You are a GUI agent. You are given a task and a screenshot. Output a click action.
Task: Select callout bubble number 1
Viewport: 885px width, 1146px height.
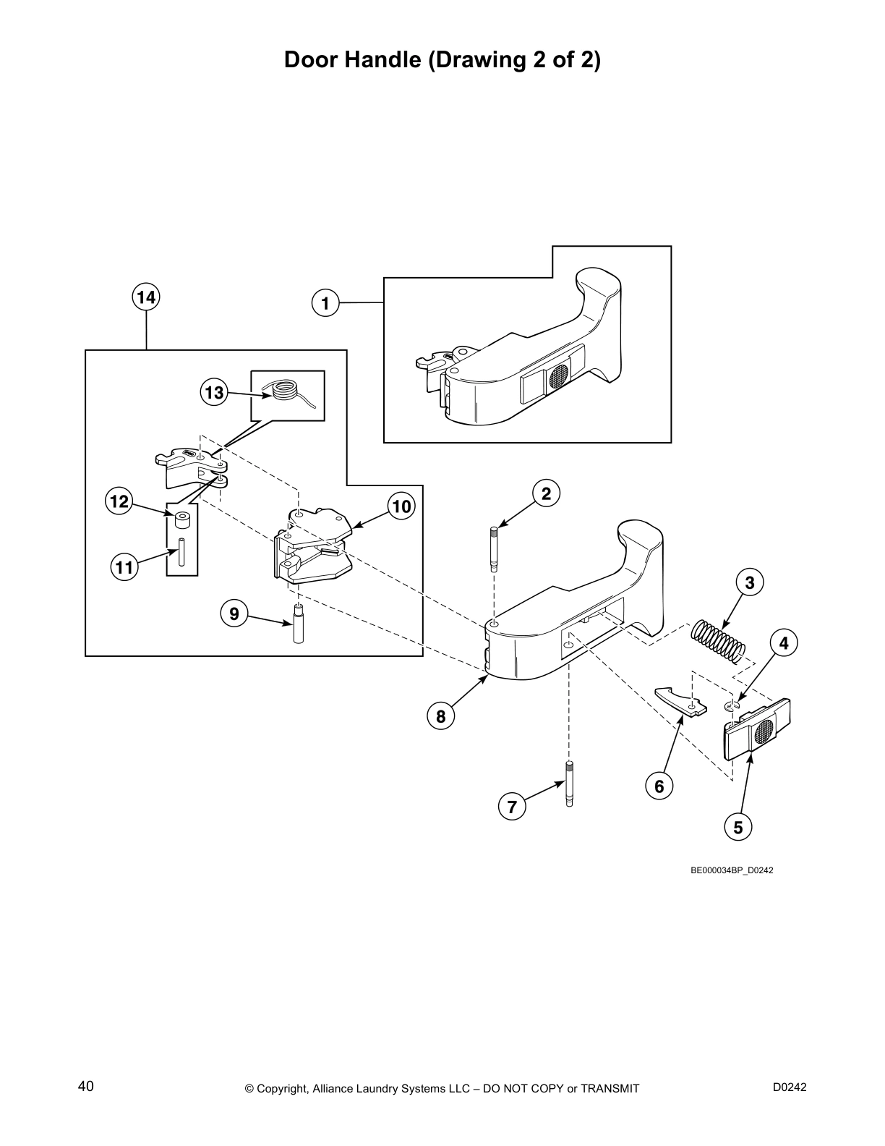coord(325,302)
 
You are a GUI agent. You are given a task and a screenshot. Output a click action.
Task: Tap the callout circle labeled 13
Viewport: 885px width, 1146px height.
coord(213,392)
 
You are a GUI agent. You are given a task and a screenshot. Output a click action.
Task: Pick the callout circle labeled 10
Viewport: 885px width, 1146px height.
coord(401,506)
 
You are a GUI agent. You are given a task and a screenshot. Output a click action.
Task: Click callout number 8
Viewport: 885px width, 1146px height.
coord(440,716)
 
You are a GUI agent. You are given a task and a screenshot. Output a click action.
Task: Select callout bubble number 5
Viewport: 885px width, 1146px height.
coord(737,826)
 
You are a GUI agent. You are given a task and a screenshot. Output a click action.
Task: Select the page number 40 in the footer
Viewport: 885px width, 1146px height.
coord(85,1087)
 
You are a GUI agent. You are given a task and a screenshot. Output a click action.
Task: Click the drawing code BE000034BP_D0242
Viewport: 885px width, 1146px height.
coord(732,870)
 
